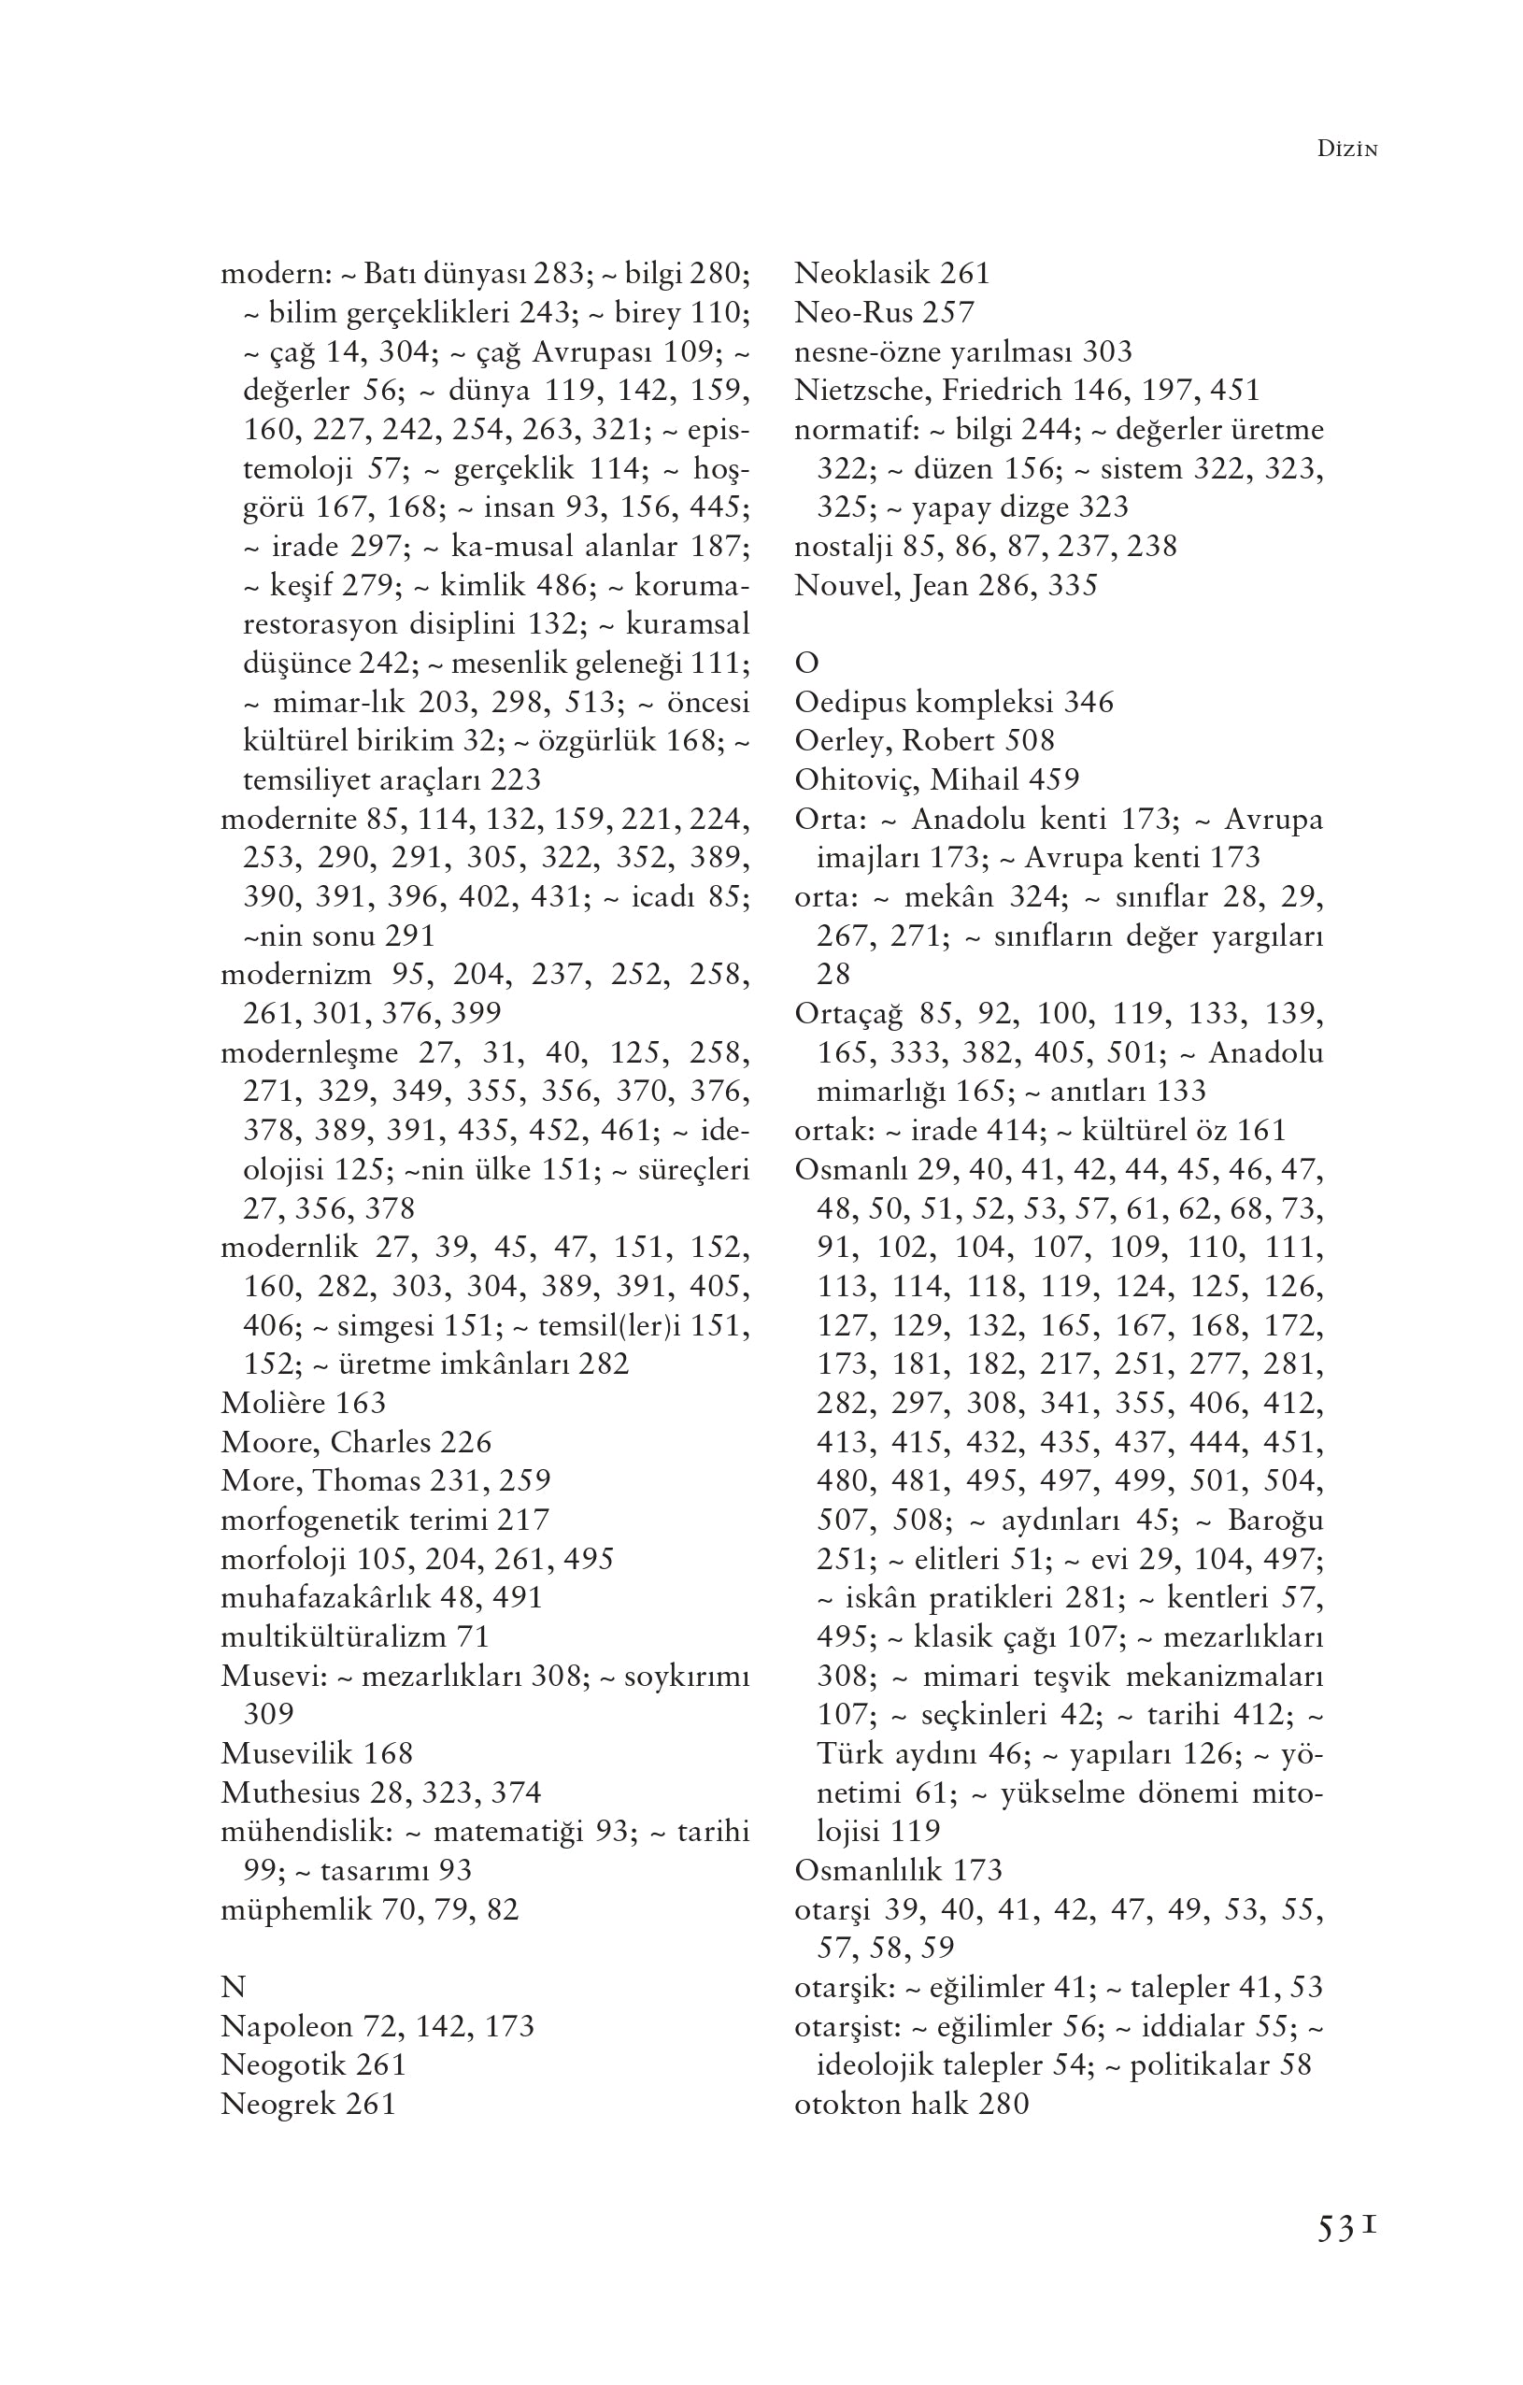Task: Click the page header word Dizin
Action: pos(1347,150)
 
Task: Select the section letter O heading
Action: pos(806,663)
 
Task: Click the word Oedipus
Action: pos(850,702)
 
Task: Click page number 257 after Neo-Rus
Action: pos(948,313)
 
